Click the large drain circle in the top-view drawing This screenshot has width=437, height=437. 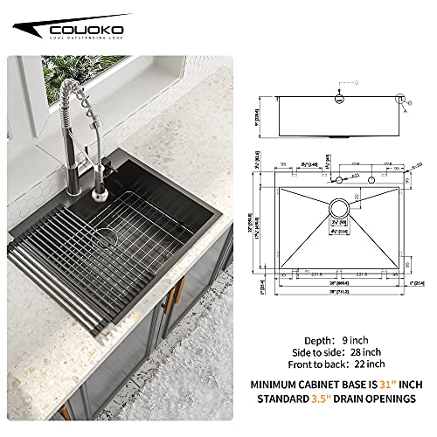[337, 209]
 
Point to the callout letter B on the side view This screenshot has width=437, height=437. [407, 101]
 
